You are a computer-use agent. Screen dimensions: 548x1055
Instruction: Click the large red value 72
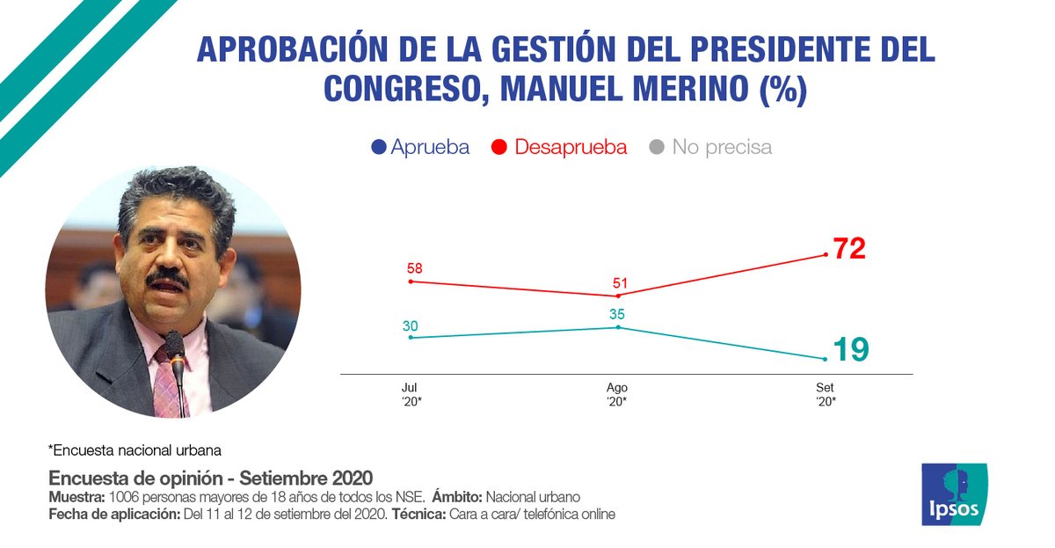pos(849,249)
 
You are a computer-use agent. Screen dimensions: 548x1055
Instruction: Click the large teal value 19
pos(850,350)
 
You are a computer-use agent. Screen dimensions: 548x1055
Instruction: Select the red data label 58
pos(413,267)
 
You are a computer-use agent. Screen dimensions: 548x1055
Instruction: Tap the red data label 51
pos(621,282)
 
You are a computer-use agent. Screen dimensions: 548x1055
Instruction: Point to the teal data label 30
pos(410,325)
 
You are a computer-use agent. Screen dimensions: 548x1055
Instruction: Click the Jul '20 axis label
pos(410,394)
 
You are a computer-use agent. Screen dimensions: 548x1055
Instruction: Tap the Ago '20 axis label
pos(617,394)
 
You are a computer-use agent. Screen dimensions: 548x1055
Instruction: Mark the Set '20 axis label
pos(825,394)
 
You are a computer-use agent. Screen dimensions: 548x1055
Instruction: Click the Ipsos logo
pos(954,494)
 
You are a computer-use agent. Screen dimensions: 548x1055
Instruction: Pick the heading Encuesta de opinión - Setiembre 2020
pos(211,479)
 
